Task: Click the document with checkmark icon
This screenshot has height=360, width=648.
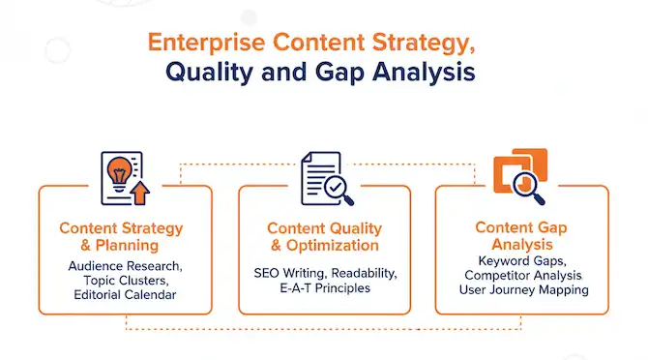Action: (323, 176)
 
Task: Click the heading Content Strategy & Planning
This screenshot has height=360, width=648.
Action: (121, 237)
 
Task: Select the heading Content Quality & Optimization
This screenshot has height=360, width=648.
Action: (324, 237)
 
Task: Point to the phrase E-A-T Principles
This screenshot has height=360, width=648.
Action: (324, 287)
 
